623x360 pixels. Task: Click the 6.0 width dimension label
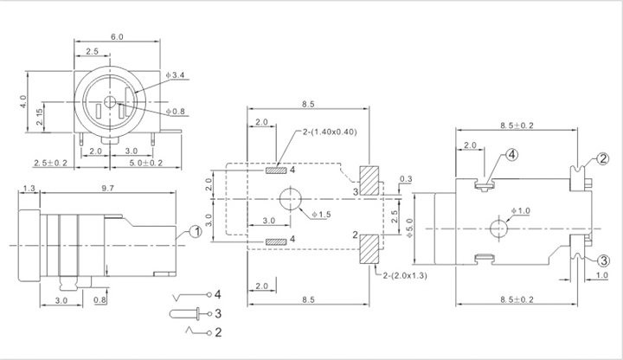pyautogui.click(x=117, y=36)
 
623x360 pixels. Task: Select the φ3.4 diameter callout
pyautogui.click(x=175, y=74)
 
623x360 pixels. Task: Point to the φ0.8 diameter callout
pyautogui.click(x=176, y=112)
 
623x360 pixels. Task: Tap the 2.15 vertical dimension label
pyautogui.click(x=39, y=117)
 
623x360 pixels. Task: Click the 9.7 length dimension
pyautogui.click(x=107, y=188)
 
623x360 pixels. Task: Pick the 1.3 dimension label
pyautogui.click(x=29, y=188)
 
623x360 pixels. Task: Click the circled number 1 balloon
pyautogui.click(x=196, y=231)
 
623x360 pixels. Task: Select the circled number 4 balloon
pyautogui.click(x=511, y=155)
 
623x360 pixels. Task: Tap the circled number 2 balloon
pyautogui.click(x=603, y=159)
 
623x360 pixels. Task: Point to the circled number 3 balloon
pyautogui.click(x=603, y=260)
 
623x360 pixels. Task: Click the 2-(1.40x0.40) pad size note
pyautogui.click(x=330, y=132)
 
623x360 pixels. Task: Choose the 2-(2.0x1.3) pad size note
pyautogui.click(x=405, y=275)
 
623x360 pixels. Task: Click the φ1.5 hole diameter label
pyautogui.click(x=321, y=215)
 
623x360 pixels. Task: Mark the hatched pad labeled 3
pyautogui.click(x=369, y=180)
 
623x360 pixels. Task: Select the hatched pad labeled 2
pyautogui.click(x=369, y=249)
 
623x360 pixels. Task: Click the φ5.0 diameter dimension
pyautogui.click(x=409, y=228)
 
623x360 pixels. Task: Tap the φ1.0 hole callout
pyautogui.click(x=521, y=210)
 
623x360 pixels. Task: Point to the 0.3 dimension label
pyautogui.click(x=406, y=179)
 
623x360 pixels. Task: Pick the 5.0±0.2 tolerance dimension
pyautogui.click(x=145, y=163)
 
